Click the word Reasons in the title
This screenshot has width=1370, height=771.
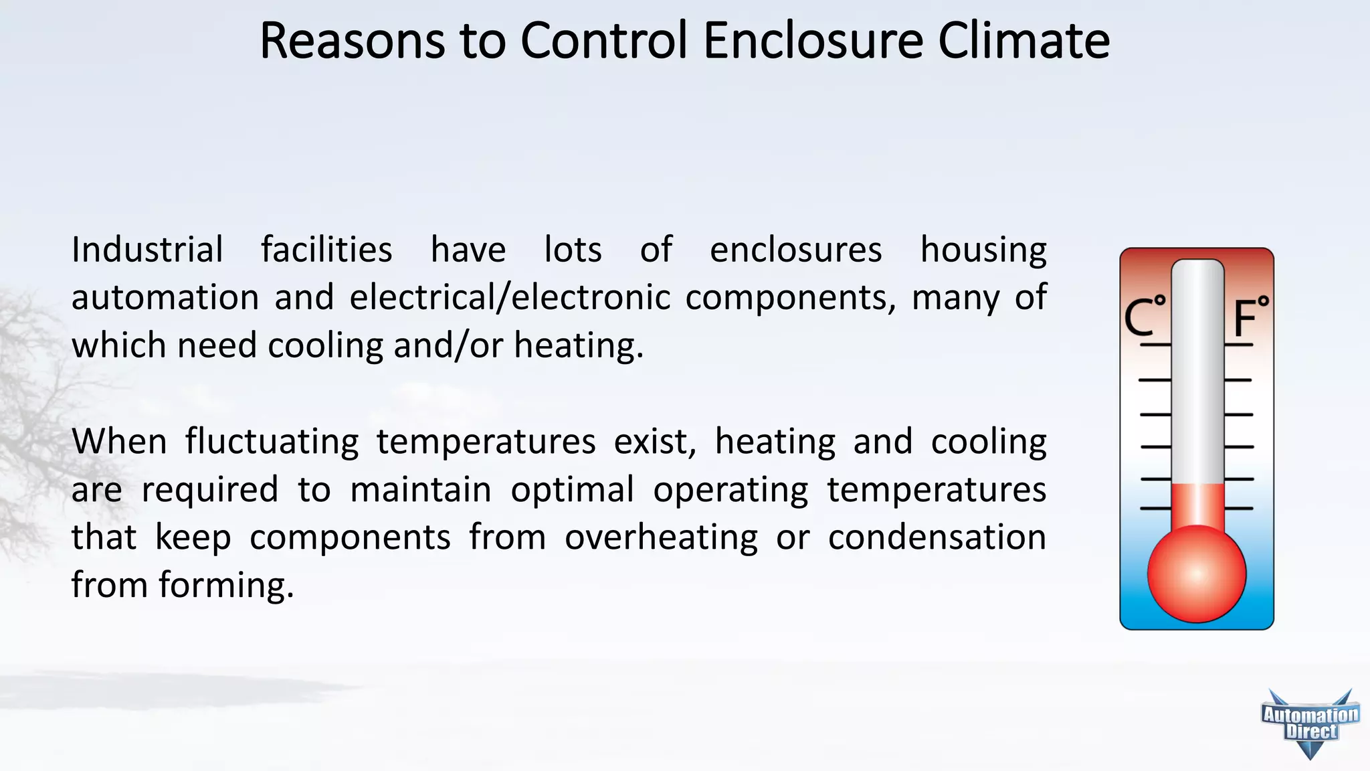(x=352, y=41)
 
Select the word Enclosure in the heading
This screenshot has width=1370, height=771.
(x=813, y=41)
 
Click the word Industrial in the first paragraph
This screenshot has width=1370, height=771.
(x=147, y=250)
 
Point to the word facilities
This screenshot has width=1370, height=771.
(x=326, y=250)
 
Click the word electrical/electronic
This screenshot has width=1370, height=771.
(x=510, y=298)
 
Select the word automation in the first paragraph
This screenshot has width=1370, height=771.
(x=165, y=298)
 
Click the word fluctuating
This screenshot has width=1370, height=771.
(x=272, y=442)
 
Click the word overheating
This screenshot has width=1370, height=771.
(x=661, y=538)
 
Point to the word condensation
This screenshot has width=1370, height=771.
(x=937, y=538)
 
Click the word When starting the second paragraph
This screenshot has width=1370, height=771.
(x=119, y=442)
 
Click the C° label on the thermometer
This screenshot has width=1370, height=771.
(x=1145, y=317)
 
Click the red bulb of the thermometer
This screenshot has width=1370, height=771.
(x=1197, y=574)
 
